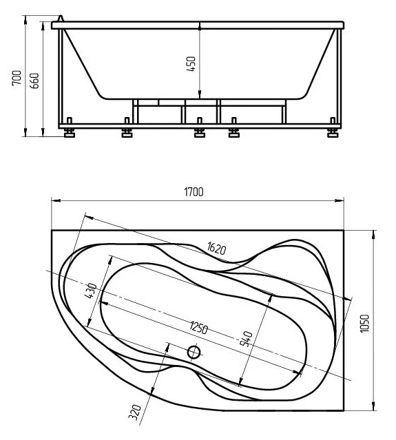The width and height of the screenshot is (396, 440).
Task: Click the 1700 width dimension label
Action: pos(194,192)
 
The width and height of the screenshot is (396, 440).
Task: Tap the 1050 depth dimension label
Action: pos(365,324)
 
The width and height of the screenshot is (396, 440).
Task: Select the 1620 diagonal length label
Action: pos(216,249)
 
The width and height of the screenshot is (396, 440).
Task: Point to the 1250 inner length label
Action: pos(199,328)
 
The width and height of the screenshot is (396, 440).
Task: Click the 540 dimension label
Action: pos(246,339)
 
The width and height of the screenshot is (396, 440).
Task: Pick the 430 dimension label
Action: pos(90,291)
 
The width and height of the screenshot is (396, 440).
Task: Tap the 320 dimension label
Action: pos(135,412)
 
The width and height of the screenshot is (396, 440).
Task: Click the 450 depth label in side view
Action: pos(191,64)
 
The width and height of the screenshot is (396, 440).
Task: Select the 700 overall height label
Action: pos(17,78)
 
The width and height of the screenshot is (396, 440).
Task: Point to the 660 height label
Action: pos(34,81)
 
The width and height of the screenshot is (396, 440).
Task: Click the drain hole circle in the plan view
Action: pos(194,352)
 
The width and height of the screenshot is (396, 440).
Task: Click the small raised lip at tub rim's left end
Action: pos(61,18)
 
